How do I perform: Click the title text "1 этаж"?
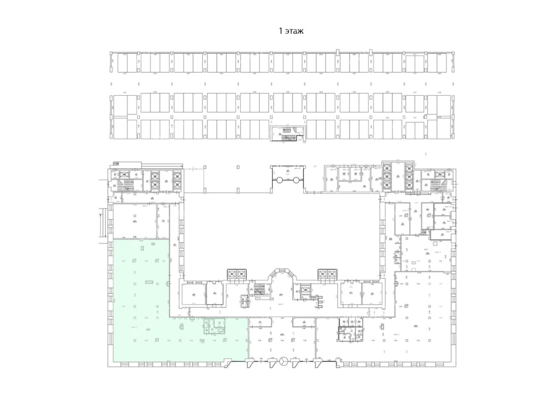(292, 31)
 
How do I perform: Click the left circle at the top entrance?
(279, 180)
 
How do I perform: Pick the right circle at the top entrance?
(296, 180)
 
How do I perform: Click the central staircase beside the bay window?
(259, 290)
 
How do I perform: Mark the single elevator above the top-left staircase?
(125, 174)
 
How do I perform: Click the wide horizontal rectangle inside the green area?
(149, 282)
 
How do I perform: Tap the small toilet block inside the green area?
(214, 326)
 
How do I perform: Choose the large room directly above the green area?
(134, 221)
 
